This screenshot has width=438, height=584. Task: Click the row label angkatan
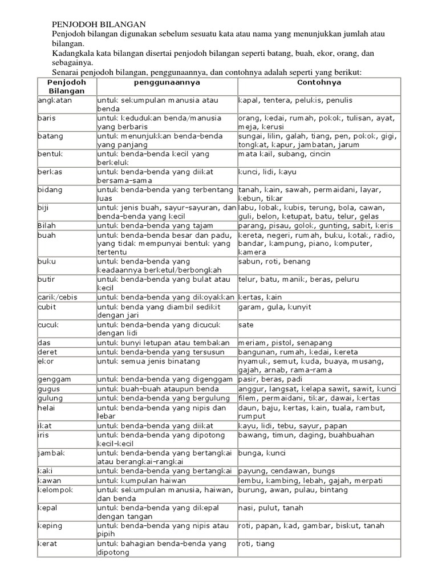pos(51,100)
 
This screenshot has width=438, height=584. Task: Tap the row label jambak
pos(51,453)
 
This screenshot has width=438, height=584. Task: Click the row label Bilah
pos(47,226)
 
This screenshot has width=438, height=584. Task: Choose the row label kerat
pos(47,544)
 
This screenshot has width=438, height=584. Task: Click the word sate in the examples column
pos(246,325)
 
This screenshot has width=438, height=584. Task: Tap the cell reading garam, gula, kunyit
pos(275,307)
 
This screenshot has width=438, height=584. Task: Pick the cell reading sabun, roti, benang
pos(275,261)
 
